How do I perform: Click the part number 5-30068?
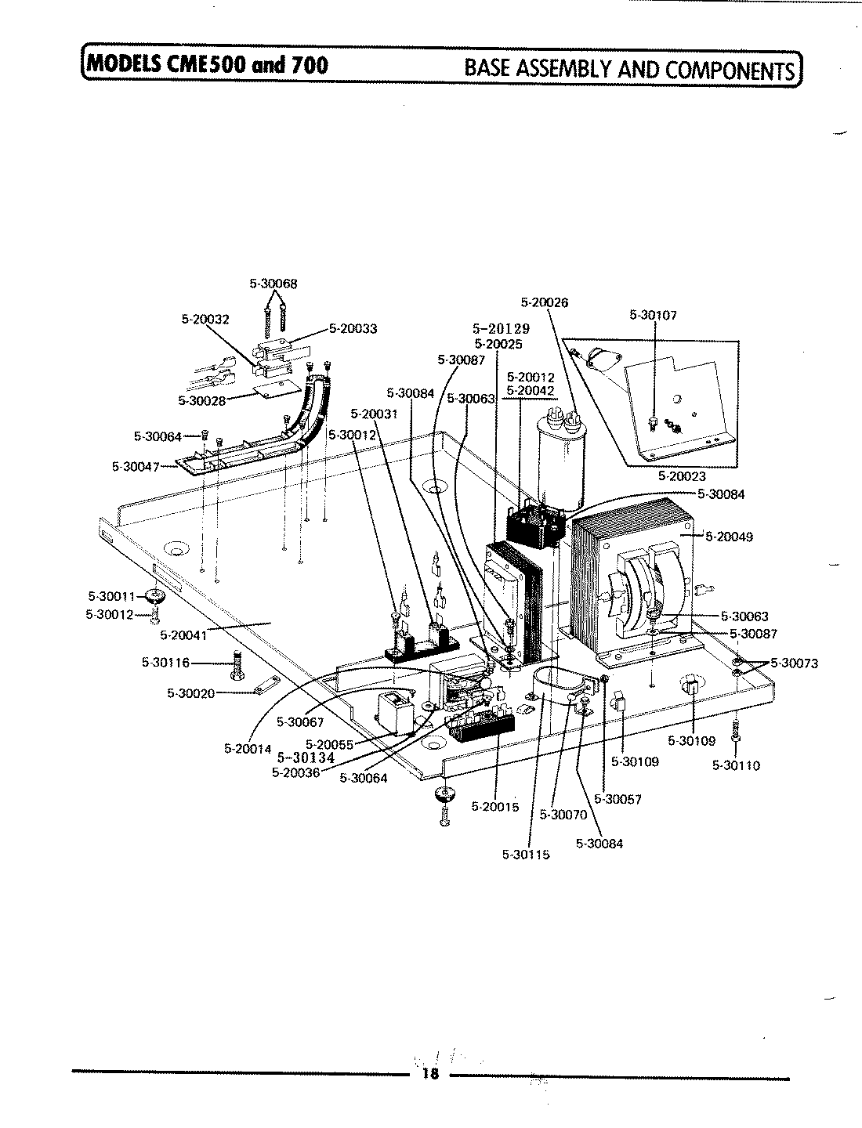click(273, 284)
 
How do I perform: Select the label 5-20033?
click(353, 328)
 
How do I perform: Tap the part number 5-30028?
click(202, 400)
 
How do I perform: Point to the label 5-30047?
click(136, 467)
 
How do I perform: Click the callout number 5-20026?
click(545, 302)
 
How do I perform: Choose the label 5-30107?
click(653, 316)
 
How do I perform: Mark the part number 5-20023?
click(682, 475)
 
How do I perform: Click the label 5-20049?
click(729, 537)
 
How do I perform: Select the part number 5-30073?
click(794, 663)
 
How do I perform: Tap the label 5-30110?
click(736, 765)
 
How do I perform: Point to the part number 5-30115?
click(526, 854)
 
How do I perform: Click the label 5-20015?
click(495, 806)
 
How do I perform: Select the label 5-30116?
click(165, 663)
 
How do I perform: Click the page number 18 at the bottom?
click(429, 1074)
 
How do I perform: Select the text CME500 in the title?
click(203, 63)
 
